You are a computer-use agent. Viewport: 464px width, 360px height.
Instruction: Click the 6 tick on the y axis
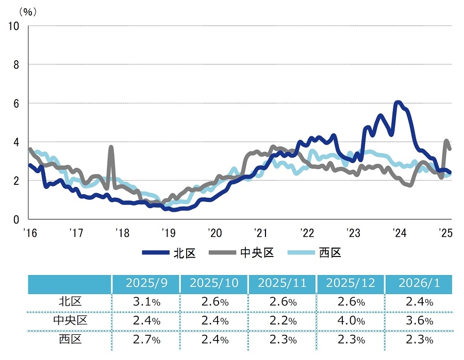[16, 103]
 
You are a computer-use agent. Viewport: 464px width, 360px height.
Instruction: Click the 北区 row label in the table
[70, 302]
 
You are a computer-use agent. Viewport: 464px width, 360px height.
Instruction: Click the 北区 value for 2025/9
[145, 302]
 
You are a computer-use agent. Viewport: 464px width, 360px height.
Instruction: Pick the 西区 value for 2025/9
[145, 339]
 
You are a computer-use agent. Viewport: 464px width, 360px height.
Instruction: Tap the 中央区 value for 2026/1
[419, 321]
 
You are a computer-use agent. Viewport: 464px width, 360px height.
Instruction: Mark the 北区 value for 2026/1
[419, 302]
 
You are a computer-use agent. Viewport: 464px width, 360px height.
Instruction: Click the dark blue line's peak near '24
[397, 102]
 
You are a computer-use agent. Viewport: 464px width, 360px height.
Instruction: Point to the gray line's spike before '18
[111, 147]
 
